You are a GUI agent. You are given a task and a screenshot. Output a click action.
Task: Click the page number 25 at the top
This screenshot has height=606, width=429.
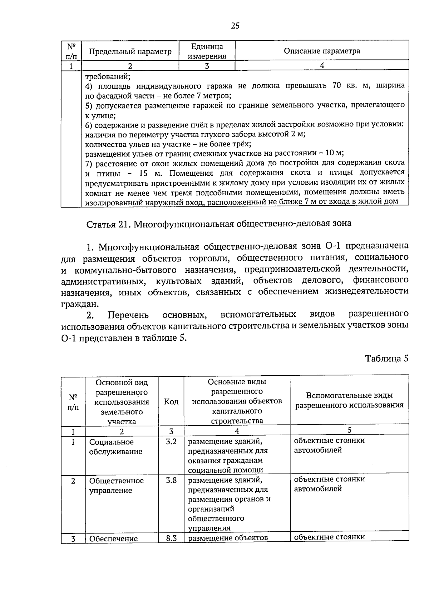point(235,25)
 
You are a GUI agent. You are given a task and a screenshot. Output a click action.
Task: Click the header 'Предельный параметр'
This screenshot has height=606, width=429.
point(130,51)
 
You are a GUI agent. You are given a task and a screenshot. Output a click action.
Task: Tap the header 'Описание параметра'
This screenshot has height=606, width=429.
point(322,51)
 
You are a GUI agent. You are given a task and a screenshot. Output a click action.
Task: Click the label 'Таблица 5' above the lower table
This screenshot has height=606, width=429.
point(386,359)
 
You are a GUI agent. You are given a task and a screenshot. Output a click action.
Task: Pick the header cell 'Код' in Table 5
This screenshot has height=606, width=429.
point(171,401)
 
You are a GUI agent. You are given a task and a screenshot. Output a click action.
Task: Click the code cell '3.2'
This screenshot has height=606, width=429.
point(171,442)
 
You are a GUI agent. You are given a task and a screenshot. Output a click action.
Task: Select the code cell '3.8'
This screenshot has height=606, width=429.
point(171,480)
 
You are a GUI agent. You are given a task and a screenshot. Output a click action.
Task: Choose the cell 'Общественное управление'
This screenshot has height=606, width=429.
point(116,485)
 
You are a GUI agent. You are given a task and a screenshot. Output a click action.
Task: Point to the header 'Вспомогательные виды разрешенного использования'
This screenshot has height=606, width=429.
point(349,400)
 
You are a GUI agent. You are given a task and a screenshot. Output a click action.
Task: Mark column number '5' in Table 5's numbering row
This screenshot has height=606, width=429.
point(349,430)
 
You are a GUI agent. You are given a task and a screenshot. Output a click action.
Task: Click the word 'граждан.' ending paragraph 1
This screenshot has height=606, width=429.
point(79,304)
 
